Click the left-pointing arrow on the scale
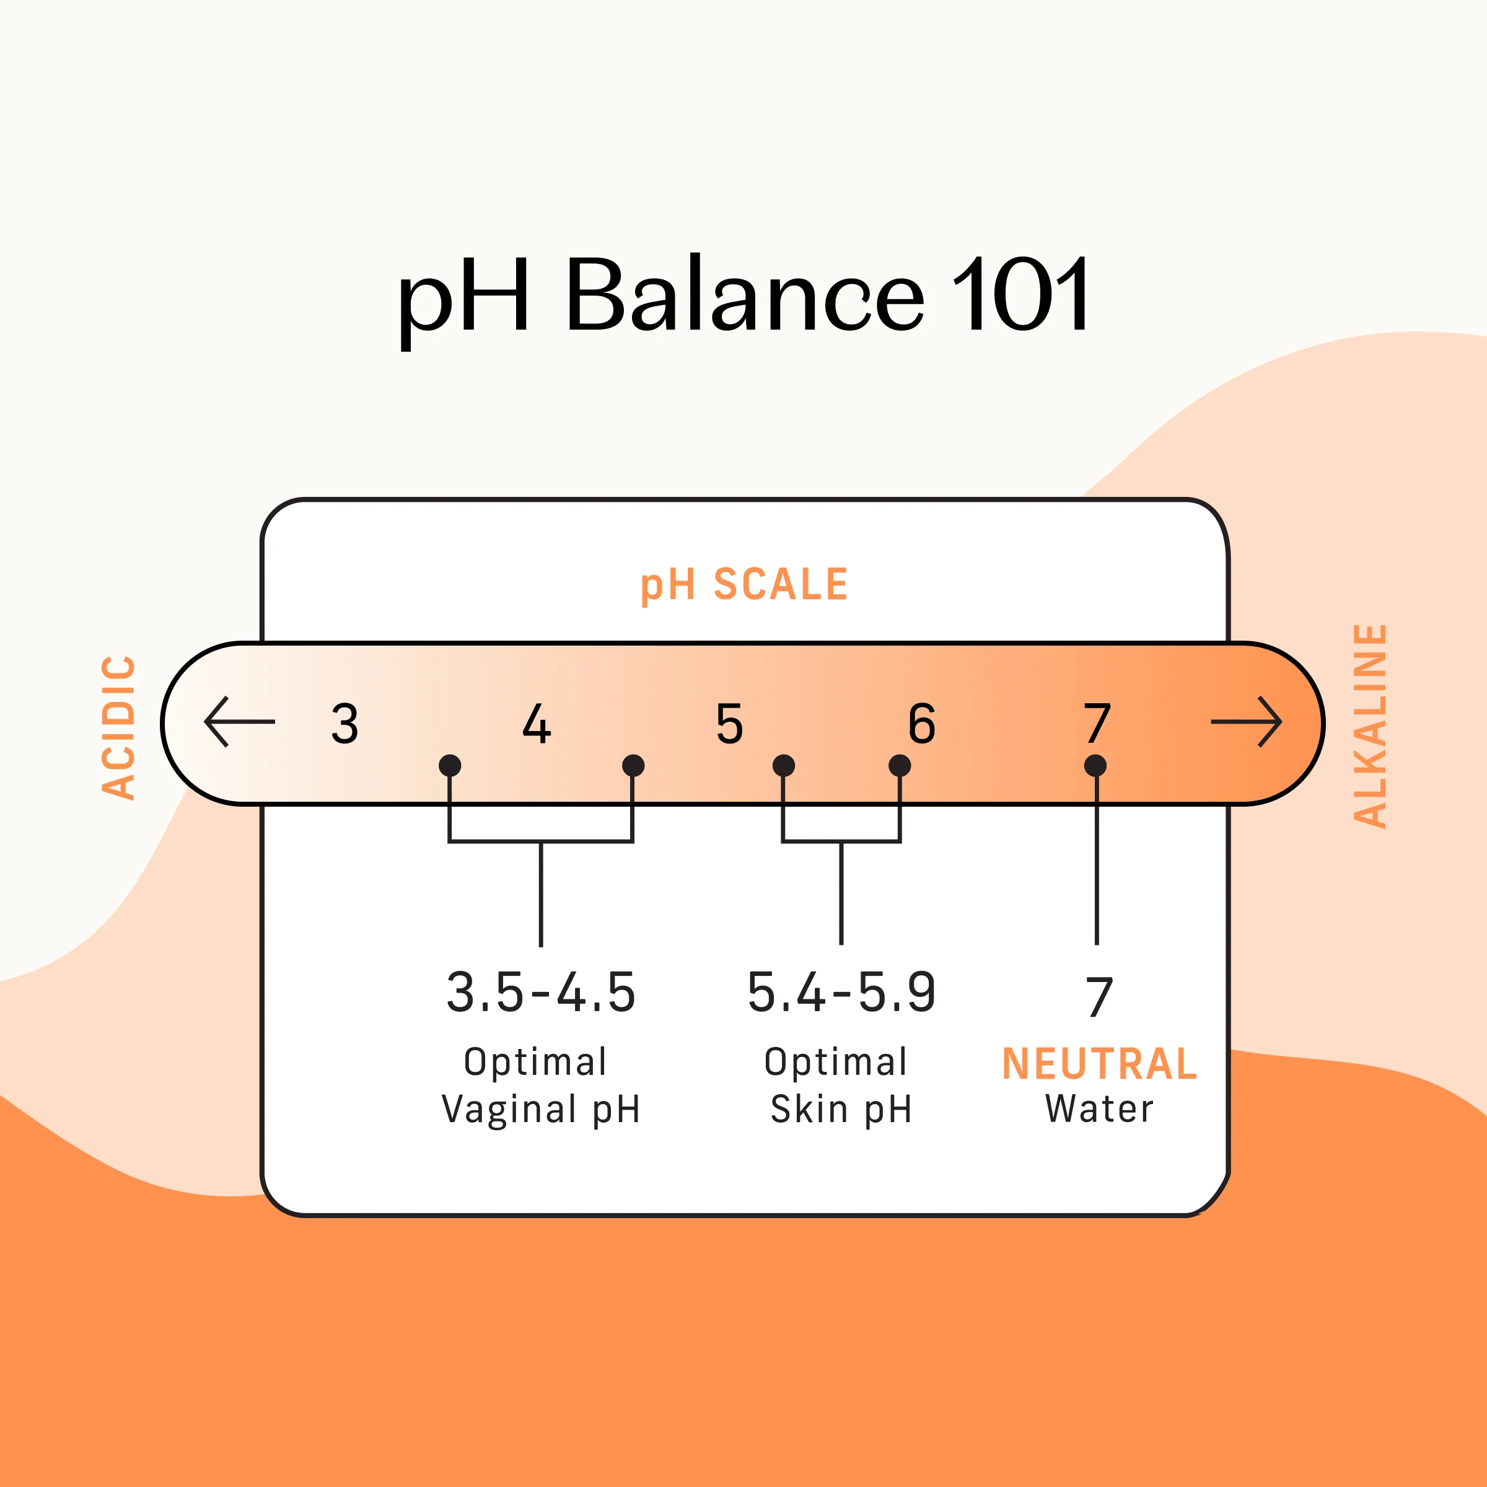pyautogui.click(x=239, y=721)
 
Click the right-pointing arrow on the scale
pyautogui.click(x=1246, y=721)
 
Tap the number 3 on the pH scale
pyautogui.click(x=345, y=724)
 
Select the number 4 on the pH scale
pyautogui.click(x=537, y=724)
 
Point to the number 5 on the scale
pyautogui.click(x=730, y=724)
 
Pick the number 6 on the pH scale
pyautogui.click(x=922, y=724)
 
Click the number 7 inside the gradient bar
pyautogui.click(x=1097, y=724)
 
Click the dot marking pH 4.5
pyautogui.click(x=633, y=765)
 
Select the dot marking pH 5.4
pyautogui.click(x=784, y=765)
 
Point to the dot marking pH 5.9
pyautogui.click(x=899, y=765)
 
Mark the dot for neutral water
pyautogui.click(x=1095, y=765)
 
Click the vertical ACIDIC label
pyautogui.click(x=120, y=727)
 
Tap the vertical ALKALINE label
pyautogui.click(x=1370, y=726)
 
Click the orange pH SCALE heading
pyautogui.click(x=743, y=584)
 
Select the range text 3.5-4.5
pyautogui.click(x=541, y=992)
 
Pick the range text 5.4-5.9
pyautogui.click(x=841, y=992)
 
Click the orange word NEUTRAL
pyautogui.click(x=1099, y=1064)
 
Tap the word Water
pyautogui.click(x=1099, y=1109)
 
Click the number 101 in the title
pyautogui.click(x=1020, y=294)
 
